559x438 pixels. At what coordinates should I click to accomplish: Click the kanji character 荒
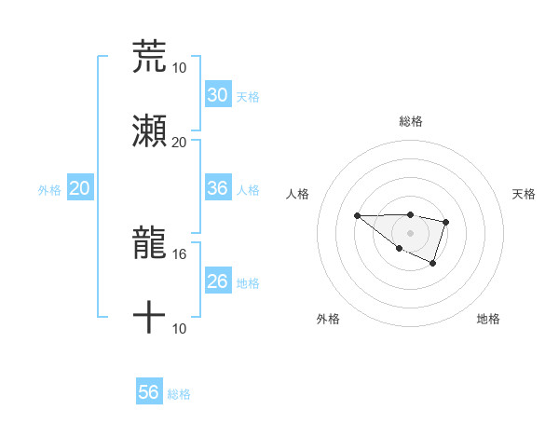149,57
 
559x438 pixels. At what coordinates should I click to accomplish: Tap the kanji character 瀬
149,132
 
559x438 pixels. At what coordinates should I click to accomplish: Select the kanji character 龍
149,244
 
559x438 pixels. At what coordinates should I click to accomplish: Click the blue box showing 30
217,95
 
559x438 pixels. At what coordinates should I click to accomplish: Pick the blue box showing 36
217,188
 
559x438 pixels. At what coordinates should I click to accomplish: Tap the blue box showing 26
217,281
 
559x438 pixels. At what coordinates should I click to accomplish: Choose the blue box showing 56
149,392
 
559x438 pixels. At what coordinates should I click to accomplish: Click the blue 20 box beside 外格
80,188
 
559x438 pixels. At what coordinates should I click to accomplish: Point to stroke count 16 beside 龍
180,253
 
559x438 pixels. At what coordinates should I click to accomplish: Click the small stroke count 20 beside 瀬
180,142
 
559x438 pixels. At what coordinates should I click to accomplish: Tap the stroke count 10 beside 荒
180,67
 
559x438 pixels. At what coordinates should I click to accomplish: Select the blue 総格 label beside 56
179,394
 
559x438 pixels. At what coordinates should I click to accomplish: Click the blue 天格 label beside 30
248,97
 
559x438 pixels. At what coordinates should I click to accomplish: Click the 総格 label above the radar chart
410,121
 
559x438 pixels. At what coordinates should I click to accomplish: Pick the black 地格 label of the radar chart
488,319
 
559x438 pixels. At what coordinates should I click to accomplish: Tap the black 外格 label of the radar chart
328,319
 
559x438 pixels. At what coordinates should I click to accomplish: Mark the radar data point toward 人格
357,215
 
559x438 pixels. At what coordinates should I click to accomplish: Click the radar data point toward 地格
433,265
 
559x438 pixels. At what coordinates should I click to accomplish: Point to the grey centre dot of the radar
410,232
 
